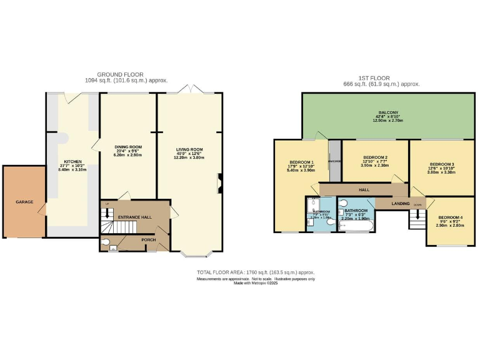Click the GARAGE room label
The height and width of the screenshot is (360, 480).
[x=24, y=202]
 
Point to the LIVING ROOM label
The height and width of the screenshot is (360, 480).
[x=189, y=149]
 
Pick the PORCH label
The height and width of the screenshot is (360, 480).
[x=148, y=239]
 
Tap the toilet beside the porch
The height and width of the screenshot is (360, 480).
[x=106, y=242]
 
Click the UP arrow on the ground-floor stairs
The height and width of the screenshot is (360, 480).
[x=107, y=204]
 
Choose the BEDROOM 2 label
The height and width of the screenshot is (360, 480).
[x=376, y=157]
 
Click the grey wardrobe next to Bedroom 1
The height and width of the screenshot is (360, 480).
[x=335, y=161]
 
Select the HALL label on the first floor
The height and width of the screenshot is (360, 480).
[x=364, y=189]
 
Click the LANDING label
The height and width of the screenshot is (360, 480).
[x=401, y=203]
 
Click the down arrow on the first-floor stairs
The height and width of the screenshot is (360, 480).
[x=416, y=205]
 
